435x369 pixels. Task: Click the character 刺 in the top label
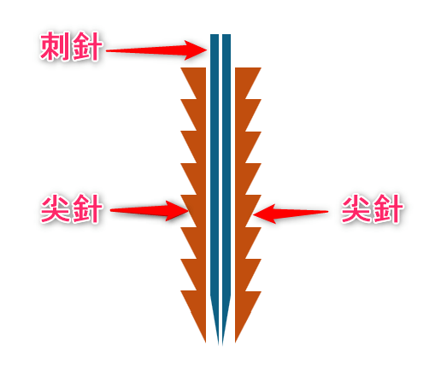point(56,46)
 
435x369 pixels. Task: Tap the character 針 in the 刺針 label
point(86,46)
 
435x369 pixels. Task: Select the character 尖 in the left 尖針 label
point(56,208)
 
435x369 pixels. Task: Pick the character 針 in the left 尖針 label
point(86,208)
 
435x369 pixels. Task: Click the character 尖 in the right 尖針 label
point(356,208)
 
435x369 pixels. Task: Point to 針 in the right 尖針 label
point(387,208)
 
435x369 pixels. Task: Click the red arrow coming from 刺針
point(156,50)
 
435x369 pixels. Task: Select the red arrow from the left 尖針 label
point(150,211)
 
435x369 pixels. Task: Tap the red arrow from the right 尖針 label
point(291,214)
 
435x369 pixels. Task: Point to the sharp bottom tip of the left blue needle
point(219,345)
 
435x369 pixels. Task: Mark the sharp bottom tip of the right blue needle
point(223,345)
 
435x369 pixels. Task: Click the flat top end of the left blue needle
point(215,35)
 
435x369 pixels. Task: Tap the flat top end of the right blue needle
point(226,35)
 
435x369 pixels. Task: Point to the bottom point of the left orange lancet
point(205,342)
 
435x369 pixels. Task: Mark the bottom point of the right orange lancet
point(236,342)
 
